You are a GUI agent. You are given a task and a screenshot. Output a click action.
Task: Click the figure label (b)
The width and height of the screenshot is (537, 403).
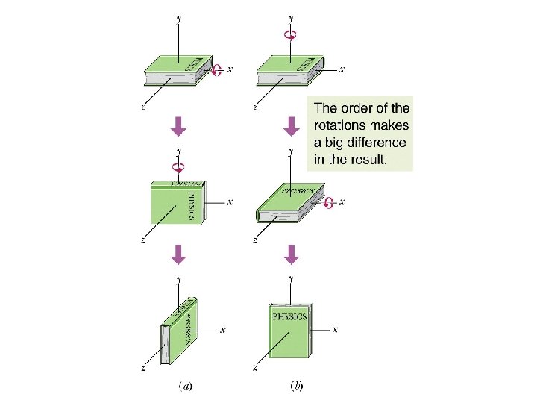(296, 386)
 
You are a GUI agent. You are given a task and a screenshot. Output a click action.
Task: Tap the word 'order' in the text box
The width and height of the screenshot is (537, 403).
(360, 108)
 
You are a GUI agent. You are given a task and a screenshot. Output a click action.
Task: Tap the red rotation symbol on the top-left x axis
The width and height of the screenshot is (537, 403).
(217, 69)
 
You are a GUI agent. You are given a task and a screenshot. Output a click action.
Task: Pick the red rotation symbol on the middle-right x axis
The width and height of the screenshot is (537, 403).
(328, 201)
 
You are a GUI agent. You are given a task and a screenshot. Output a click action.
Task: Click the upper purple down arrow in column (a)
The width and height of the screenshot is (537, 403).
(178, 128)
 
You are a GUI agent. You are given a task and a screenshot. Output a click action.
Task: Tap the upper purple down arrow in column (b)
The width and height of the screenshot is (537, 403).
(292, 128)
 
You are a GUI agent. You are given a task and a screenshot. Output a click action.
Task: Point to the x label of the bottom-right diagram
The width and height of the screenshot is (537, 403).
(336, 329)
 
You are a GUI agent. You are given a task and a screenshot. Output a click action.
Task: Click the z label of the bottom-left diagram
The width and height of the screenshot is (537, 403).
(142, 368)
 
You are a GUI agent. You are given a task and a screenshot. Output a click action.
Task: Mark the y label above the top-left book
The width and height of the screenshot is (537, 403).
(178, 17)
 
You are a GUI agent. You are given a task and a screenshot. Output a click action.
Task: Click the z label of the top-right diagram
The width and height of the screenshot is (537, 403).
(255, 107)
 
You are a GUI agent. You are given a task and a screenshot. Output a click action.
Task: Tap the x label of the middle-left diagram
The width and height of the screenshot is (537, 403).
(229, 201)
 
